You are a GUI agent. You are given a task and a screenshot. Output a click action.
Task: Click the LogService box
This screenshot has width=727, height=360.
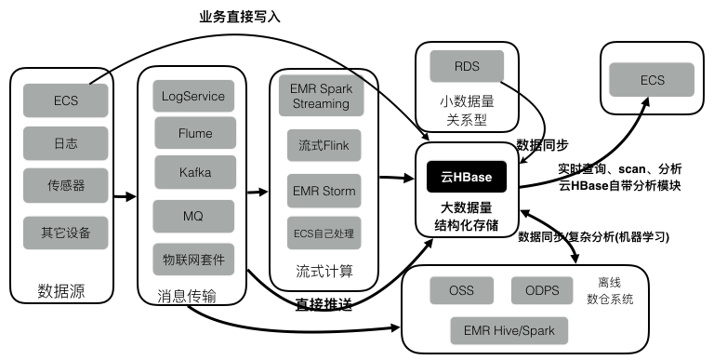click(x=193, y=96)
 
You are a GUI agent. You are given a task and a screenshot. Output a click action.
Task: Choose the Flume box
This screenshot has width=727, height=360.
click(x=193, y=134)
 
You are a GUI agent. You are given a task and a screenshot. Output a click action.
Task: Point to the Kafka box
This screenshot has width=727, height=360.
click(x=193, y=173)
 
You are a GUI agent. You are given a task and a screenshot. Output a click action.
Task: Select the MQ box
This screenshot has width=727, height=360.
click(x=193, y=216)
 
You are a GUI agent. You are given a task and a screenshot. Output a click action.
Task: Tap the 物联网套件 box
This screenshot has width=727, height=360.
click(x=193, y=258)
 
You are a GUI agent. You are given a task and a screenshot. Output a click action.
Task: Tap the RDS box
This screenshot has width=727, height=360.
click(x=467, y=67)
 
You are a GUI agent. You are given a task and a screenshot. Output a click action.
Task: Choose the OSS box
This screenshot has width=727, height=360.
click(x=461, y=291)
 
